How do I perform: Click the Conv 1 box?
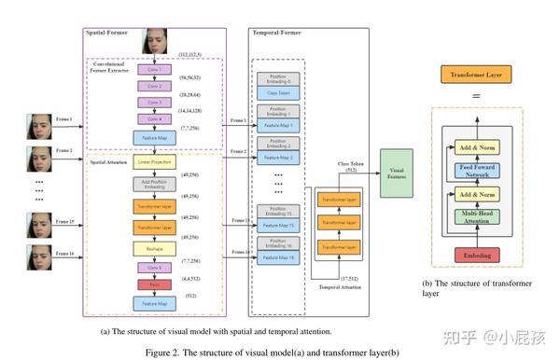(153, 70)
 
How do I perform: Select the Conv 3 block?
(153, 102)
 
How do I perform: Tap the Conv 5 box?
(153, 267)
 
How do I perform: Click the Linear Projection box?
(154, 161)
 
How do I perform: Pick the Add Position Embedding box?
(154, 185)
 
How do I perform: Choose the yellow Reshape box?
(154, 248)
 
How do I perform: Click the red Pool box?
(153, 283)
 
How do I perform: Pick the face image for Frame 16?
(40, 256)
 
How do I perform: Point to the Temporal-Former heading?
(276, 33)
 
